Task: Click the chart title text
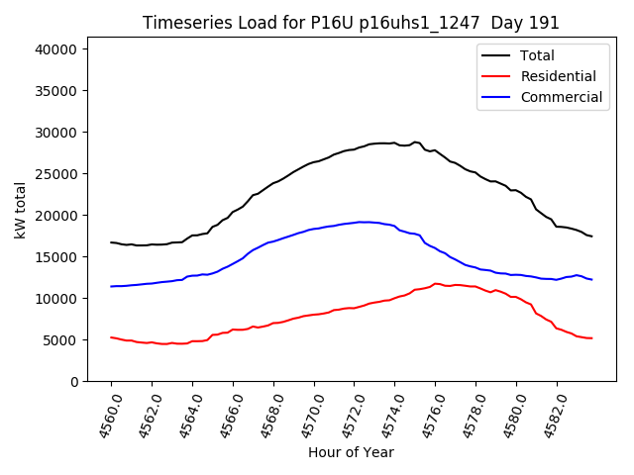(351, 23)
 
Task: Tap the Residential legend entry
(558, 76)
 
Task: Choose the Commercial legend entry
(561, 97)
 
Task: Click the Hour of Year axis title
(351, 452)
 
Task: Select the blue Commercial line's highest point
(363, 222)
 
